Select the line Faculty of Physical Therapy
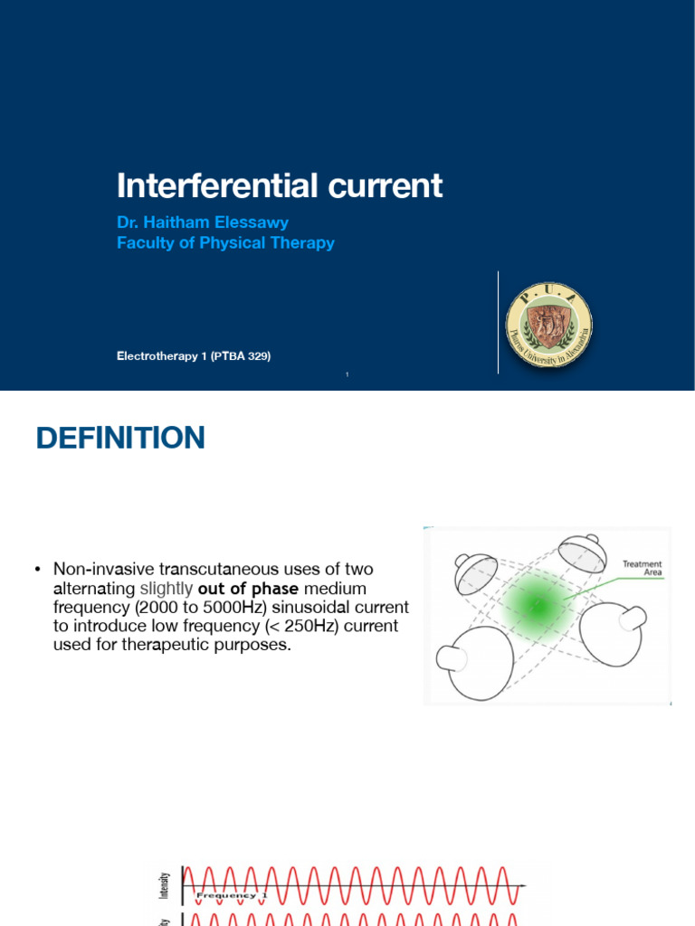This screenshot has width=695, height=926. (225, 242)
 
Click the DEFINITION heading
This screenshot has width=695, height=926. (120, 439)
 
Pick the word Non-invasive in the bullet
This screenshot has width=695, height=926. (103, 569)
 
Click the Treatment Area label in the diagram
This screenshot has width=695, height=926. (642, 569)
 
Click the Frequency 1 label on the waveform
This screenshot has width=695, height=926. (233, 895)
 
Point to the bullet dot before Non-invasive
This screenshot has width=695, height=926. (38, 569)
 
